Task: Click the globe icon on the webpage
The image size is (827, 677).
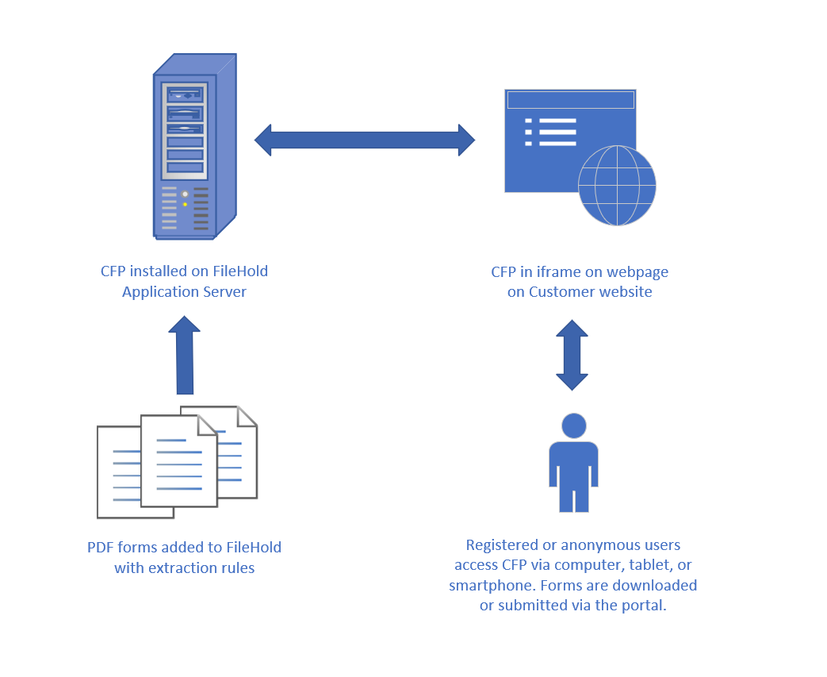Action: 617,186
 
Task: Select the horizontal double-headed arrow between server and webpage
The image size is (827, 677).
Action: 365,140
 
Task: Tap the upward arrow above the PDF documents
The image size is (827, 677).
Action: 185,355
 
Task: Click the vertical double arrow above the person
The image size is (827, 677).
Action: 572,355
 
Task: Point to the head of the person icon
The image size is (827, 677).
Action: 573,425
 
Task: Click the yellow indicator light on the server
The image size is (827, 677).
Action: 185,204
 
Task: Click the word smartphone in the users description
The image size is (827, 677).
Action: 486,586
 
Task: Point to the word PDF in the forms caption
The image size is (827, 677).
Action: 101,548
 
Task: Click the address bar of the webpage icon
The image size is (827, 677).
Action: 570,100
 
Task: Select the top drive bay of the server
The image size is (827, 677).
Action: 185,94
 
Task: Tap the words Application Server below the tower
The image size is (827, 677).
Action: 184,292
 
